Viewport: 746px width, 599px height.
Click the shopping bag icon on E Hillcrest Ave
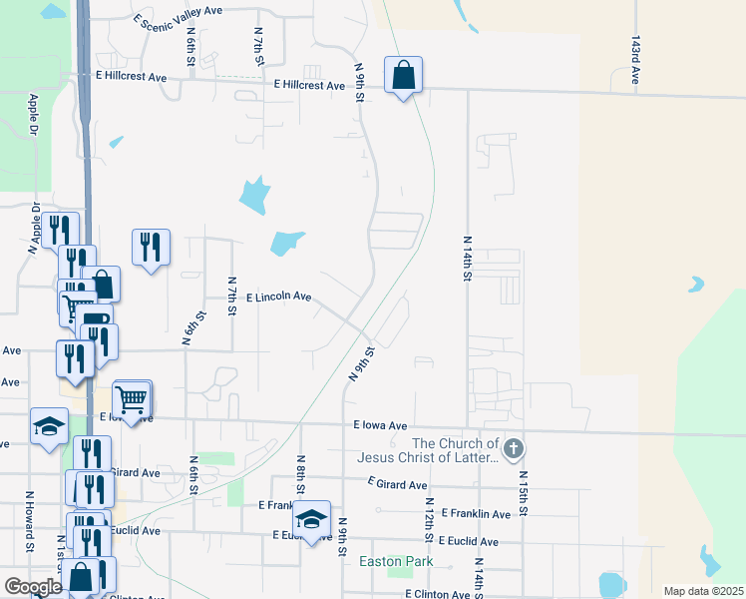[403, 75]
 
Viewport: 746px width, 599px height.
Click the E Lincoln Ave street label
[278, 298]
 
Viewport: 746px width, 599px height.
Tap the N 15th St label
[521, 488]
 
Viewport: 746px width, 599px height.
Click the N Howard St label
[31, 533]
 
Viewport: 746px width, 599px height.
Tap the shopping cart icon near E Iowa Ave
[131, 399]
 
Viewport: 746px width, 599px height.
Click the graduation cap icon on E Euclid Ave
[311, 520]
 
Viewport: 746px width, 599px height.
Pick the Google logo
[33, 587]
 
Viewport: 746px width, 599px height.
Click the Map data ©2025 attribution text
[703, 591]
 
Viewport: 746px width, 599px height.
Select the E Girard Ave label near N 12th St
[398, 483]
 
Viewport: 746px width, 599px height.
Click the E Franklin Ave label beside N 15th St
[481, 514]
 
